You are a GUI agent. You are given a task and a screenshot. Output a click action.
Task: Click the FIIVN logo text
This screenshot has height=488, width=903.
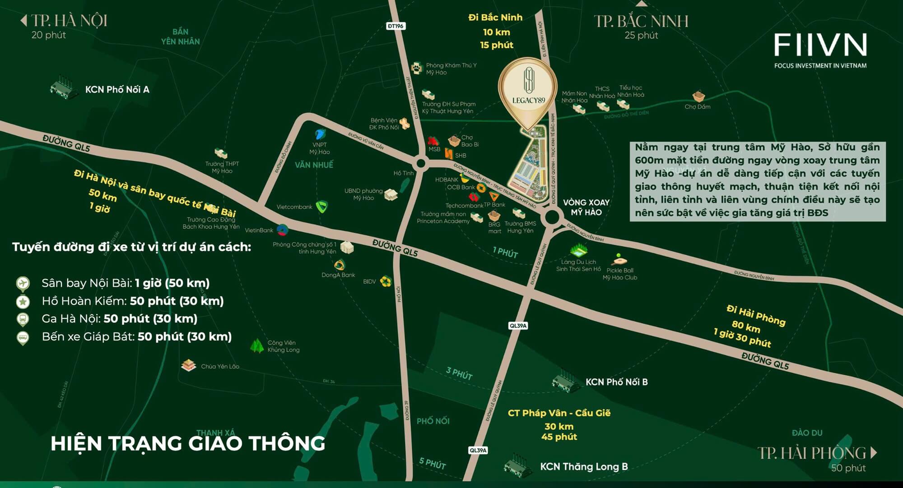click(x=820, y=45)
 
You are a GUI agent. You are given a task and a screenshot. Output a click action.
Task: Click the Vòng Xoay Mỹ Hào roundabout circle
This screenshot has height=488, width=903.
click(x=552, y=217)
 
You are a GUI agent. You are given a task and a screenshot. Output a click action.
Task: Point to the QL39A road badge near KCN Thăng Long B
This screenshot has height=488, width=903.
click(x=478, y=450)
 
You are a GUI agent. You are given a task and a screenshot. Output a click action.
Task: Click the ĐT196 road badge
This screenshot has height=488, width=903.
click(x=396, y=26)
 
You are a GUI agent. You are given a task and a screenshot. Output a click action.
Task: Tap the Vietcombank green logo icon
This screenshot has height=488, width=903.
click(x=321, y=207)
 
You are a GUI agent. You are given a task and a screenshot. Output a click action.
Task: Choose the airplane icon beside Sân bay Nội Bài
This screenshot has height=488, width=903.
click(x=22, y=283)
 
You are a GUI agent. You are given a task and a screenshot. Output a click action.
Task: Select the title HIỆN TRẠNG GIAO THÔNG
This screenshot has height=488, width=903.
click(x=188, y=443)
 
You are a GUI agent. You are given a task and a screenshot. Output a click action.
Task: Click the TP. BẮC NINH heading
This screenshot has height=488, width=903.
click(x=641, y=21)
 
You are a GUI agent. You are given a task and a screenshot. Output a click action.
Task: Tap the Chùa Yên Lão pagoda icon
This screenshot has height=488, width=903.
click(x=188, y=365)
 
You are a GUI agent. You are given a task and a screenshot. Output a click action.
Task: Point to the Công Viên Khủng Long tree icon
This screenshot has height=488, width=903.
click(x=257, y=346)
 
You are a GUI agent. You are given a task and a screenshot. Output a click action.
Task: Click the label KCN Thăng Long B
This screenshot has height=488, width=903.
click(x=584, y=467)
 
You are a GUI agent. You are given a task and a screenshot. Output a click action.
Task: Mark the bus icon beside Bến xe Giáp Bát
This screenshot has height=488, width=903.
click(x=22, y=337)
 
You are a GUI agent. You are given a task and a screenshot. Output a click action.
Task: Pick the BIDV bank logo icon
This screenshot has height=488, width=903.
click(x=385, y=281)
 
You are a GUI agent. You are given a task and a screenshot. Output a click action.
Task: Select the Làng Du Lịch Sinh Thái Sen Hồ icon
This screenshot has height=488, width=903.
click(x=578, y=250)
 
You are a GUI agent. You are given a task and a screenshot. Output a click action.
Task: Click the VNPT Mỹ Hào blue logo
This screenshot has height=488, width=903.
click(x=320, y=134)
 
